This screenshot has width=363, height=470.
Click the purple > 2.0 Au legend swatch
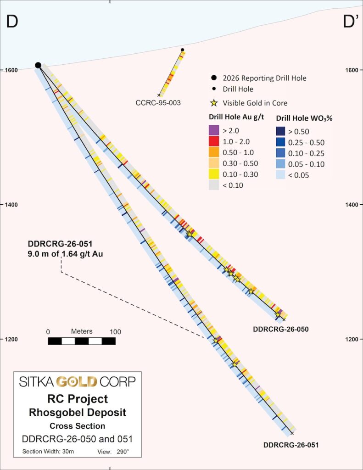coord(214,130)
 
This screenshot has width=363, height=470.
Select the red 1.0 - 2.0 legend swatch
coord(214,141)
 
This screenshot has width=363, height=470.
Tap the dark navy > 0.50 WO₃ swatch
coord(280,131)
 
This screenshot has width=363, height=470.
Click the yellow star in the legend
coord(214,103)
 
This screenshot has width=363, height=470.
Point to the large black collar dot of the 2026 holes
coord(38,65)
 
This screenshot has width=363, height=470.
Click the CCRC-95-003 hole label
coord(158,103)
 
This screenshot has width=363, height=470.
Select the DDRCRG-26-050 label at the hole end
coord(281,329)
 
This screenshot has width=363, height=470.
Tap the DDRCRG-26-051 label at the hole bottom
coord(291,445)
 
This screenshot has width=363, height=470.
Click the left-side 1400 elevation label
coord(11,205)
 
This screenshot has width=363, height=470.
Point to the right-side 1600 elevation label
coord(352,70)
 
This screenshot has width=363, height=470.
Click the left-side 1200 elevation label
coord(11,339)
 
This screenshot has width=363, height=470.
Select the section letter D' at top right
coord(351,22)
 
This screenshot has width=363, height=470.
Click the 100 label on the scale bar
coord(115,332)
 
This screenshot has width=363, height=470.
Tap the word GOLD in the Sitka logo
coord(77,381)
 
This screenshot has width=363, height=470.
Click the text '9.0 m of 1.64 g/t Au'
coord(65,254)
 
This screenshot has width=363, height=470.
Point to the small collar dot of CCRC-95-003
coord(183,50)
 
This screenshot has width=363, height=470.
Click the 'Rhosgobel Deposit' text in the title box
coord(78,413)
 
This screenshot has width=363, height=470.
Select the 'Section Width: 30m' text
coord(48,452)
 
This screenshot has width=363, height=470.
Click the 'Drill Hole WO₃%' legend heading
coord(304,118)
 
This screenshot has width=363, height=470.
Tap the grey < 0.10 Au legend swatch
coord(214,185)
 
